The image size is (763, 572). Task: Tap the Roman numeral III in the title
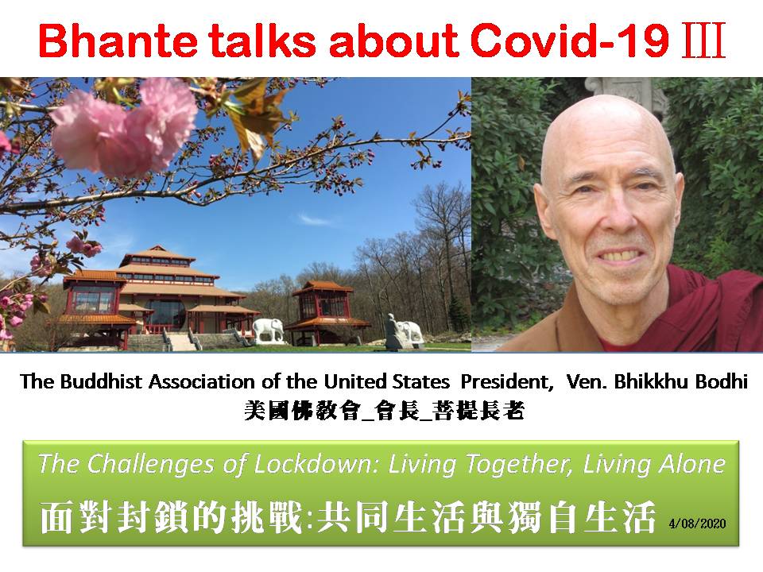coord(703,41)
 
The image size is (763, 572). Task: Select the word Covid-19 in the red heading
coord(571,41)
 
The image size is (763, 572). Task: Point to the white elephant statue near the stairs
coord(268,330)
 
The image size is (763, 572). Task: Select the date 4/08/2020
coord(697,524)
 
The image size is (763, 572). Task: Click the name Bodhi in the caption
coord(721,381)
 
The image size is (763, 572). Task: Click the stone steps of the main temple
coord(181,341)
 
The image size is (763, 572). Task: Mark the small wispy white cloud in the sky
coord(315,220)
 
